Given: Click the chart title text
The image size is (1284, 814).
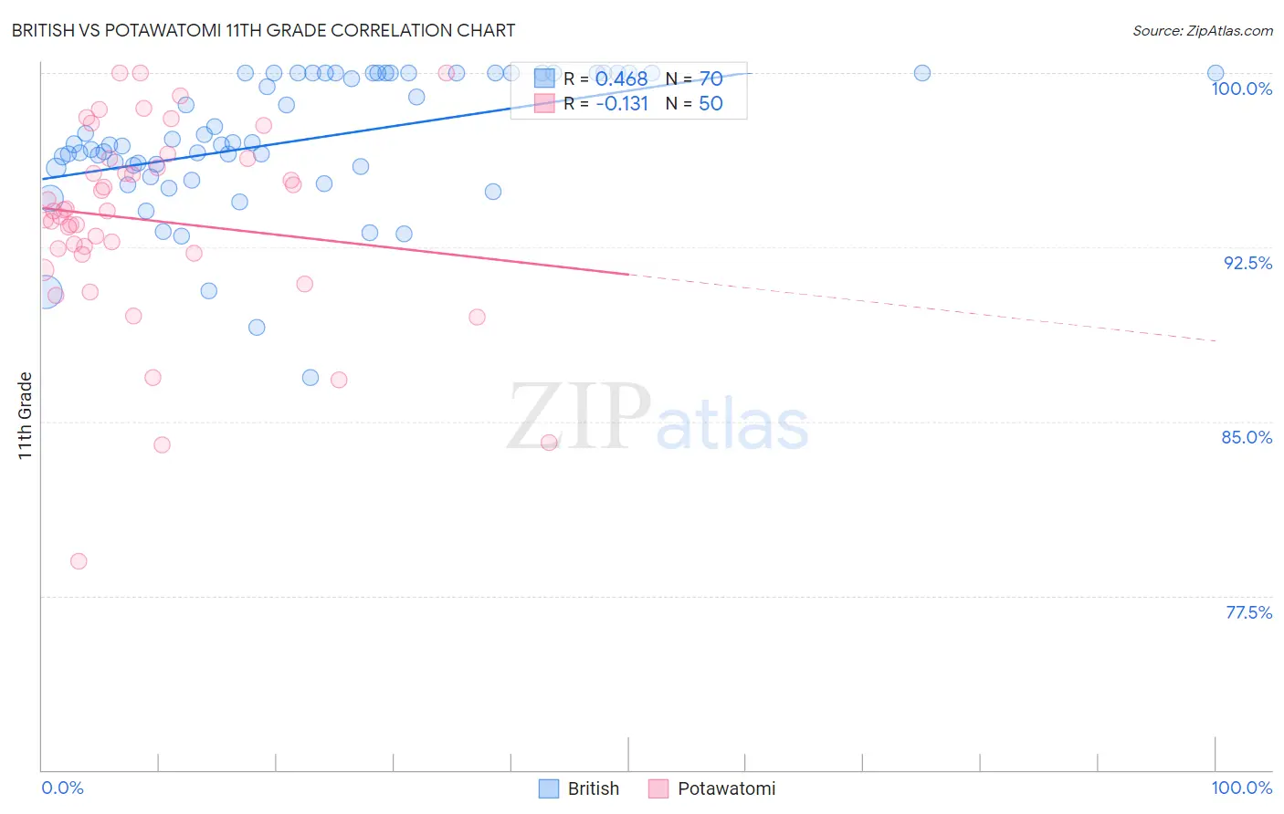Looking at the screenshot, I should [x=263, y=30].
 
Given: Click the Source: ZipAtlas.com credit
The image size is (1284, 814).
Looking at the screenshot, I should [x=1202, y=30].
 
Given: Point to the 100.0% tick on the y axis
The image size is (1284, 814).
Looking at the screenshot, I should [x=1241, y=89].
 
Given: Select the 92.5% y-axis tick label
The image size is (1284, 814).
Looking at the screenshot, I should [x=1247, y=263].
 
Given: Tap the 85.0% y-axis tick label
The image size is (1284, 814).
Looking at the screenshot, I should [x=1247, y=437].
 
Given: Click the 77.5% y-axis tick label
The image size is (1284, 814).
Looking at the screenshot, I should [x=1248, y=612].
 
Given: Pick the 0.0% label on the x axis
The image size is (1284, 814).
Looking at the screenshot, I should [x=62, y=788].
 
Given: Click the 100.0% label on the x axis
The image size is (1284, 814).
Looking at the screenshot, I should [x=1241, y=788].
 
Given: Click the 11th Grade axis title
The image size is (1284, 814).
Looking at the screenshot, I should [x=26, y=415].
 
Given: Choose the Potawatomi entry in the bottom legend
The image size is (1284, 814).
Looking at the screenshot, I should [x=712, y=788].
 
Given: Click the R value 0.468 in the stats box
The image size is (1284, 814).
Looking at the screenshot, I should [x=621, y=79].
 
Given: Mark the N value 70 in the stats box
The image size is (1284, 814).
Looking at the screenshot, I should [x=710, y=79].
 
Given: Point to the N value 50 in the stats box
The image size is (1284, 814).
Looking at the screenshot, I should [x=710, y=103].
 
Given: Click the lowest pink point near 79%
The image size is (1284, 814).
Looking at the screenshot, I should [x=79, y=561].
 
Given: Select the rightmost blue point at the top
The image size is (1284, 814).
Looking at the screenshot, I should [x=1216, y=73].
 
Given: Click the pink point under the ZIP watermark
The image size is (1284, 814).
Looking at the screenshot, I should [x=549, y=443].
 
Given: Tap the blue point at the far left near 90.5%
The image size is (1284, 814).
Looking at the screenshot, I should [x=46, y=292].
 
